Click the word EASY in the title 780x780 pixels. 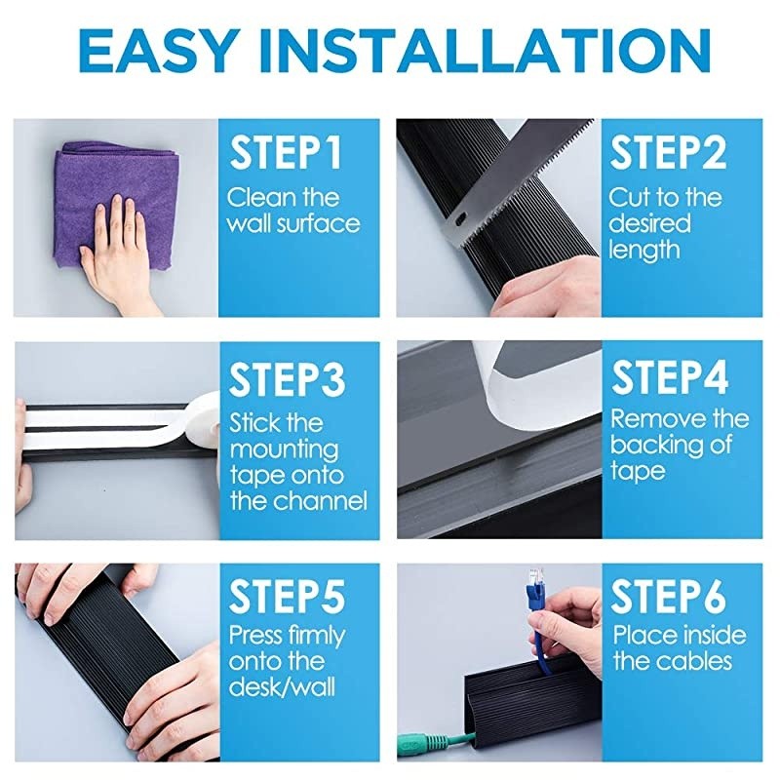click(x=157, y=52)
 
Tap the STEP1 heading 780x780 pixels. click(x=286, y=153)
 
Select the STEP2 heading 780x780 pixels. click(x=668, y=153)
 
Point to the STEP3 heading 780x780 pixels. click(x=287, y=379)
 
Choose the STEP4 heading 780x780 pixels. click(x=670, y=378)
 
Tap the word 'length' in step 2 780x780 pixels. click(x=643, y=250)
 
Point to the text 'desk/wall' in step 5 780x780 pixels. click(x=282, y=687)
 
